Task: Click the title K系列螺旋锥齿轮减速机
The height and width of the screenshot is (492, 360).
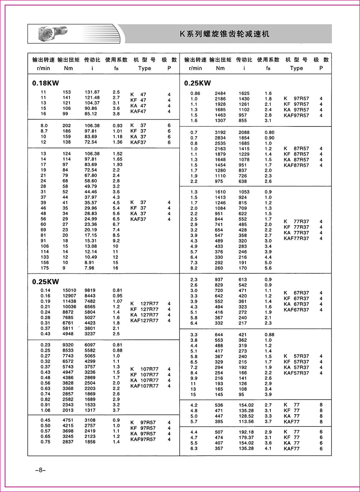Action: click(x=224, y=34)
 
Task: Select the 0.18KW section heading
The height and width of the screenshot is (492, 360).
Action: click(x=45, y=83)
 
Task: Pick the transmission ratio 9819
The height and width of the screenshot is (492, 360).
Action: click(x=90, y=290)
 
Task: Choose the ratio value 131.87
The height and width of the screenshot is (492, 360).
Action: click(x=92, y=92)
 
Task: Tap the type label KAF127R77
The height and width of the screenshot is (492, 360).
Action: click(x=144, y=321)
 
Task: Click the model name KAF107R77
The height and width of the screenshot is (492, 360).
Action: click(x=144, y=386)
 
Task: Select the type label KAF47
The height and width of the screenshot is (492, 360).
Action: click(x=138, y=112)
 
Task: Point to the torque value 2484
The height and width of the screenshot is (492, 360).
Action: click(x=220, y=93)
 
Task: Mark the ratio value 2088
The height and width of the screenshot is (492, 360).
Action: click(x=244, y=133)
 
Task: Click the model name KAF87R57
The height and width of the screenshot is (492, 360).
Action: click(x=296, y=165)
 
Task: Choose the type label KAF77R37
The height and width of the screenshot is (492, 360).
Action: click(x=296, y=238)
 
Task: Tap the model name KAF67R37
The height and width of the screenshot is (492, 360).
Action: click(x=296, y=310)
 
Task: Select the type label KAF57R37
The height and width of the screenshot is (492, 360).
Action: click(x=296, y=373)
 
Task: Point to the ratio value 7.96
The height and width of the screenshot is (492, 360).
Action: click(x=89, y=268)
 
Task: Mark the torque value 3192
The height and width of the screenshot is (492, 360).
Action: click(x=220, y=133)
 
